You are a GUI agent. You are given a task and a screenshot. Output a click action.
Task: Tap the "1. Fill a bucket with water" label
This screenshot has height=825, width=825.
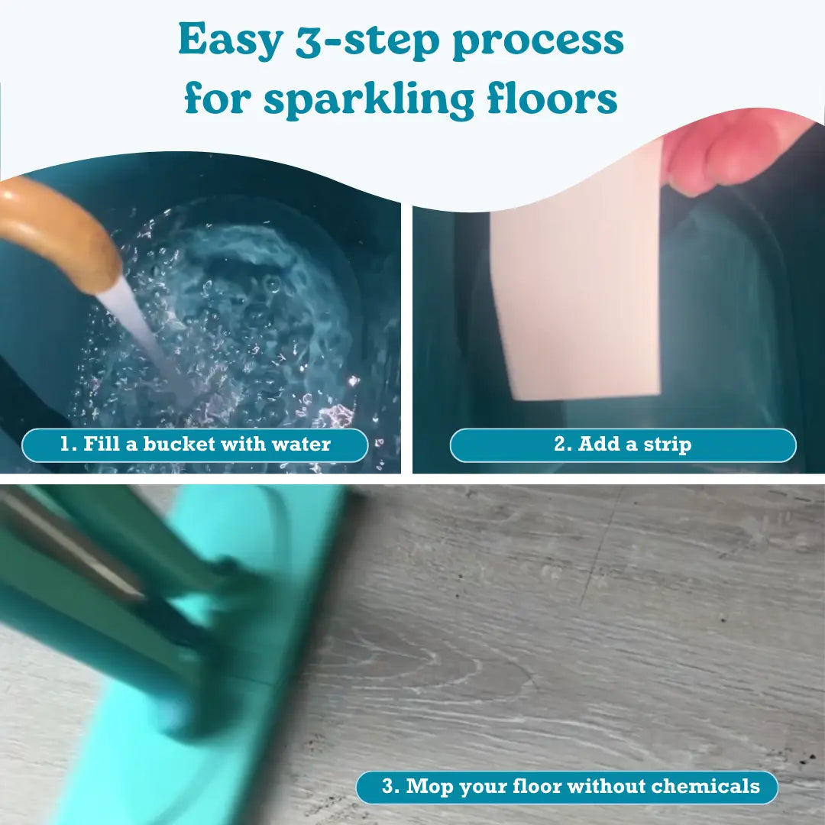pyautogui.click(x=195, y=445)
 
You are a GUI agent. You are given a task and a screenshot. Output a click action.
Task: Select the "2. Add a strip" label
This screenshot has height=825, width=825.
pyautogui.click(x=623, y=445)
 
